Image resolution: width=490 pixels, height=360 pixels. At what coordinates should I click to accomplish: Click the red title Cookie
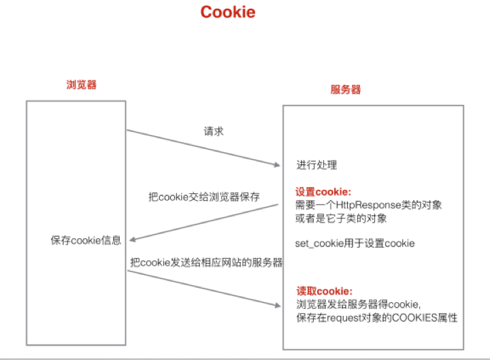228,13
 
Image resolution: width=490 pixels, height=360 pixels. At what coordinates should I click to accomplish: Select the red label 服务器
346,90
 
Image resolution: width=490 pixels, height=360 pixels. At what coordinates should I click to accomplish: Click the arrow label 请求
214,131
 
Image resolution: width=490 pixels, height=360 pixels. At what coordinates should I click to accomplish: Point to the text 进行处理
316,165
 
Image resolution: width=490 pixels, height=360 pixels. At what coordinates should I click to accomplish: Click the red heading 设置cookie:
323,192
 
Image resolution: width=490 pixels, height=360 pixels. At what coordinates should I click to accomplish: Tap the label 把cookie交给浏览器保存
204,197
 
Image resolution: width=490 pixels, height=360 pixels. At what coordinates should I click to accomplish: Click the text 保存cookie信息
86,240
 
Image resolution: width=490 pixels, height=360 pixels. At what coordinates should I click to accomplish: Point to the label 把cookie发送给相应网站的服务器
206,262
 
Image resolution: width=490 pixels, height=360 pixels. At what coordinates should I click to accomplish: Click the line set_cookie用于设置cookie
355,243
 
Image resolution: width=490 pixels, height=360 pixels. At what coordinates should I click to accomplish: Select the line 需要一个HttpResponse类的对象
368,205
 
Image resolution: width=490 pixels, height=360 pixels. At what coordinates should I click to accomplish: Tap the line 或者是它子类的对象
340,218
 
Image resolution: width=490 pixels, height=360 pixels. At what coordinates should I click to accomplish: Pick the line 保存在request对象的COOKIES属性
376,318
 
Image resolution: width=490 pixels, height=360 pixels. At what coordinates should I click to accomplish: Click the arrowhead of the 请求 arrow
275,164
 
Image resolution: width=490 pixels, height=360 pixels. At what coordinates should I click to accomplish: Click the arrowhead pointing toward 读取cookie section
275,307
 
